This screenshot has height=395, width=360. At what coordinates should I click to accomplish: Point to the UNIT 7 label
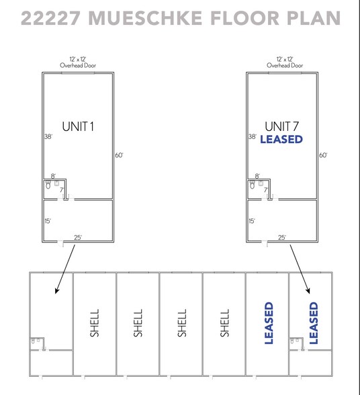281,126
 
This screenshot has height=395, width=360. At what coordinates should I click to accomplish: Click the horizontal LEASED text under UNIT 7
281,140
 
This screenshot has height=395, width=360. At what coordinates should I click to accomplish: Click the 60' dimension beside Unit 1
119,155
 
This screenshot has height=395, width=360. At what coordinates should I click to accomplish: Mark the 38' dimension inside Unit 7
252,136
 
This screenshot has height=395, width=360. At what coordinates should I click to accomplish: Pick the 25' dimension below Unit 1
78,237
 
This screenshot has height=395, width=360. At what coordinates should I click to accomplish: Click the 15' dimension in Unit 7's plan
251,220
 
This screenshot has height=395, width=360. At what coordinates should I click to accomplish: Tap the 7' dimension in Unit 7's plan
265,190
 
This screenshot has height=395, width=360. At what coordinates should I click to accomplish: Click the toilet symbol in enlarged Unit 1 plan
48,183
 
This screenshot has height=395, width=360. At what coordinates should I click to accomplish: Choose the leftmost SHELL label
94,323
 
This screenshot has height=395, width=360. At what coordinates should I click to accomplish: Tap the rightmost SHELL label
225,323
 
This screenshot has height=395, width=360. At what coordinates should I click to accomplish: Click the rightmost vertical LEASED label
313,323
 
